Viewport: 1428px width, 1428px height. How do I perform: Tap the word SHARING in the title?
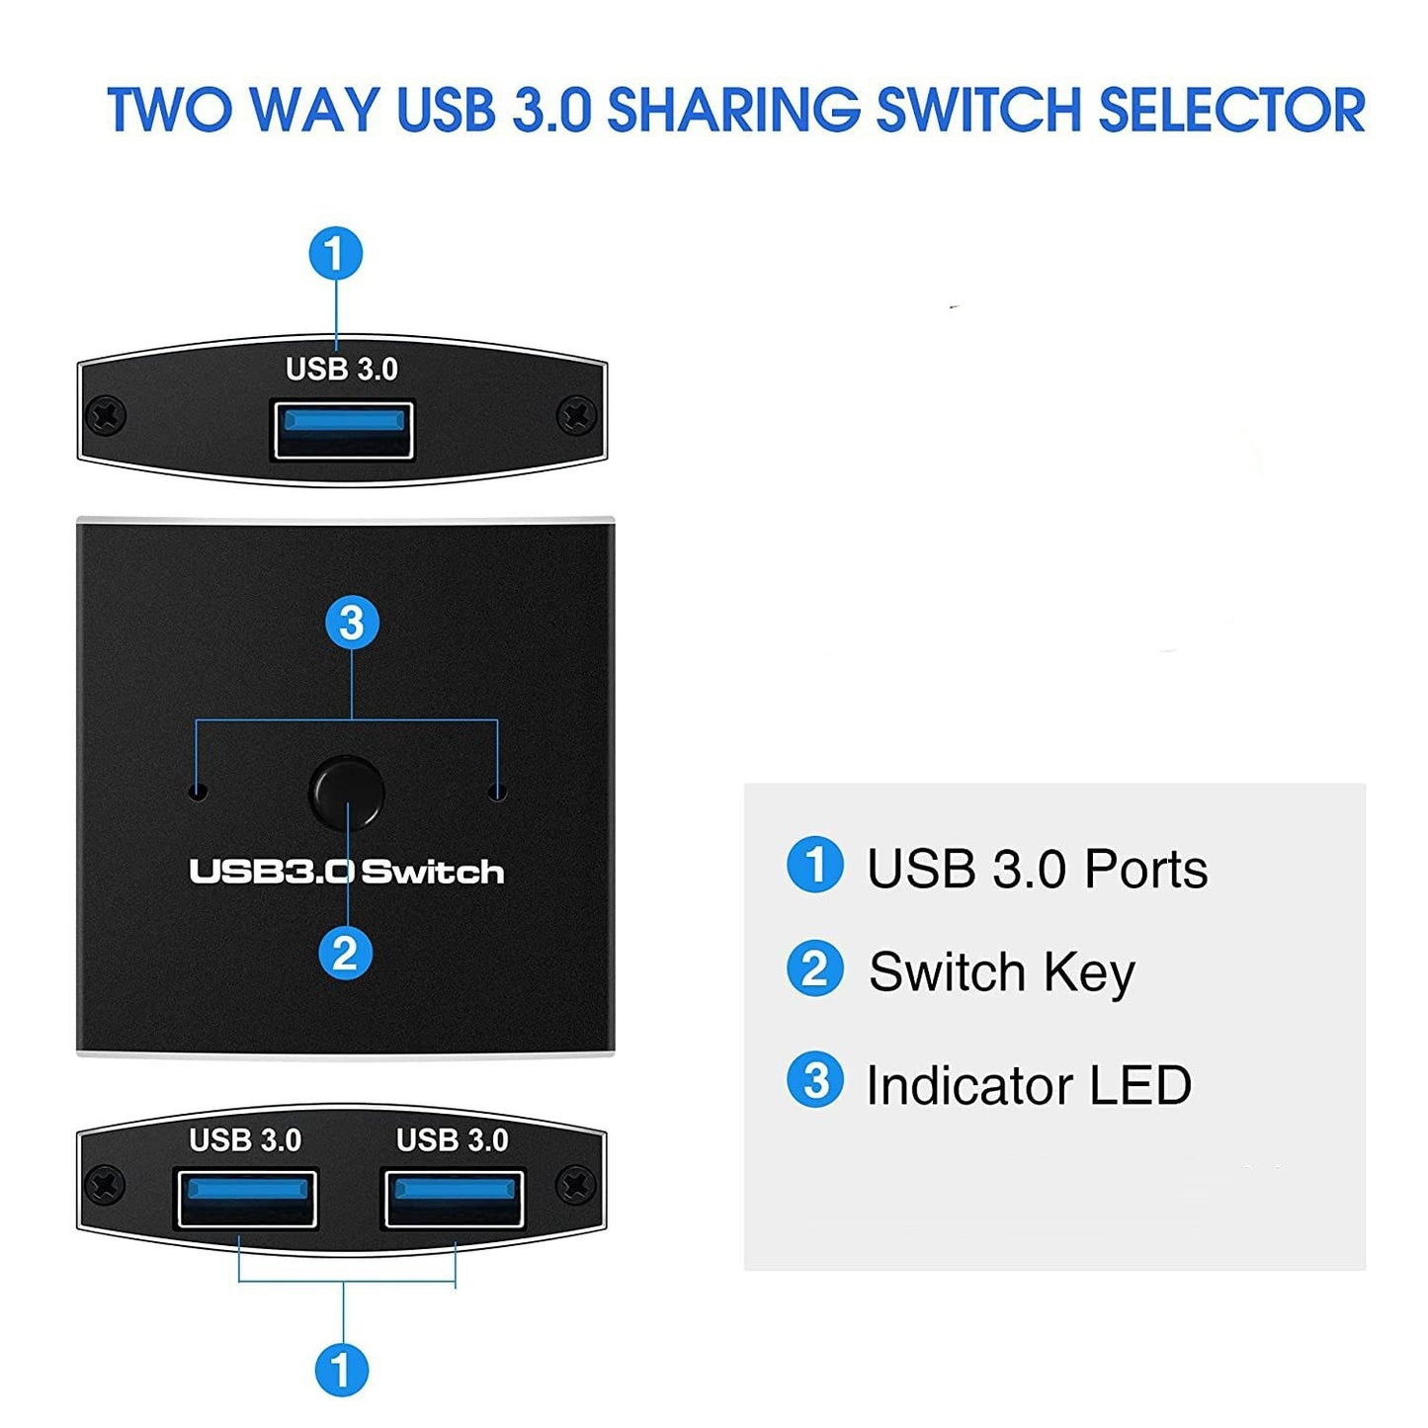[733, 110]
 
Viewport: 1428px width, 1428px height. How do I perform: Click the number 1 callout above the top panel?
[336, 254]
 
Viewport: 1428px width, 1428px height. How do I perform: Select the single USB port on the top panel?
[343, 430]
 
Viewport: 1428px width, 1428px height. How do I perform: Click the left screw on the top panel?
[106, 414]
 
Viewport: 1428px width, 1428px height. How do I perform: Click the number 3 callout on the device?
[352, 623]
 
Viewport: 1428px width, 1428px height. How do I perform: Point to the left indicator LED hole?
[198, 792]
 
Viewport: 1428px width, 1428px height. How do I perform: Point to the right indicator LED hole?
[498, 793]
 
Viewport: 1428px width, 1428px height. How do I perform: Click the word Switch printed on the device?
[433, 872]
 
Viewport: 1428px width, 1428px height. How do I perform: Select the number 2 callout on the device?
[345, 954]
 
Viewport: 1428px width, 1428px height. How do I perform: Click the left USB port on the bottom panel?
[246, 1198]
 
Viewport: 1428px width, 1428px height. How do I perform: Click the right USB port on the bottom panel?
[454, 1198]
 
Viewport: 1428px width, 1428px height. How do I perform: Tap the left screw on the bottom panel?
[106, 1183]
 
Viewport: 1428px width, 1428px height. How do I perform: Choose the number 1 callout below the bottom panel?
[342, 1371]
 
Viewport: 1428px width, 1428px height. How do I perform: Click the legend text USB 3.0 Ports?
[1037, 869]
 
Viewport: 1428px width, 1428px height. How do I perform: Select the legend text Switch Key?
[1001, 971]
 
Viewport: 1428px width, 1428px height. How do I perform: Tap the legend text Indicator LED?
[1029, 1085]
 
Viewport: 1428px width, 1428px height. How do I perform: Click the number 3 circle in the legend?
[815, 1080]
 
